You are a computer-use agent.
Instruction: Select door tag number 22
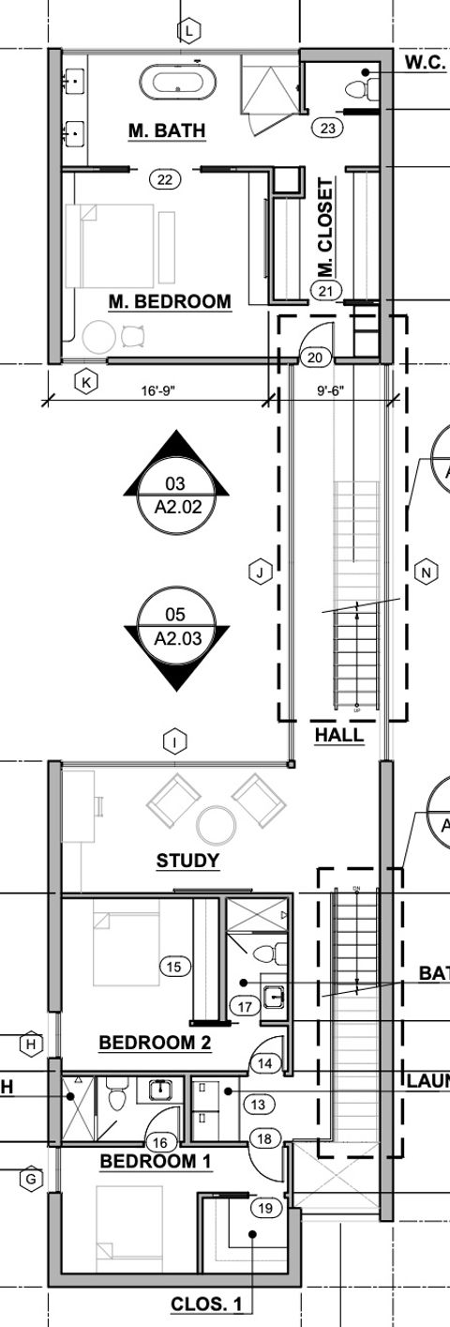pyautogui.click(x=165, y=179)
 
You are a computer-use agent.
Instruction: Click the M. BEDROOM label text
pyautogui.click(x=170, y=301)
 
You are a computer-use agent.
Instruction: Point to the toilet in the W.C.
pyautogui.click(x=362, y=88)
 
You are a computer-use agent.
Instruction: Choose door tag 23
pyautogui.click(x=327, y=129)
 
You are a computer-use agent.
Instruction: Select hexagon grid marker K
pyautogui.click(x=86, y=382)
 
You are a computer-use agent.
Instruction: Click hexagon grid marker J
pyautogui.click(x=261, y=571)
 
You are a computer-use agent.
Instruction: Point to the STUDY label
pyautogui.click(x=187, y=861)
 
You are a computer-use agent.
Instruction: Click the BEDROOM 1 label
pyautogui.click(x=156, y=1161)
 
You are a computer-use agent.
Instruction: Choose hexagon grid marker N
pyautogui.click(x=426, y=572)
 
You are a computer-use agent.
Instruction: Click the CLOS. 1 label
pyautogui.click(x=211, y=1304)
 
